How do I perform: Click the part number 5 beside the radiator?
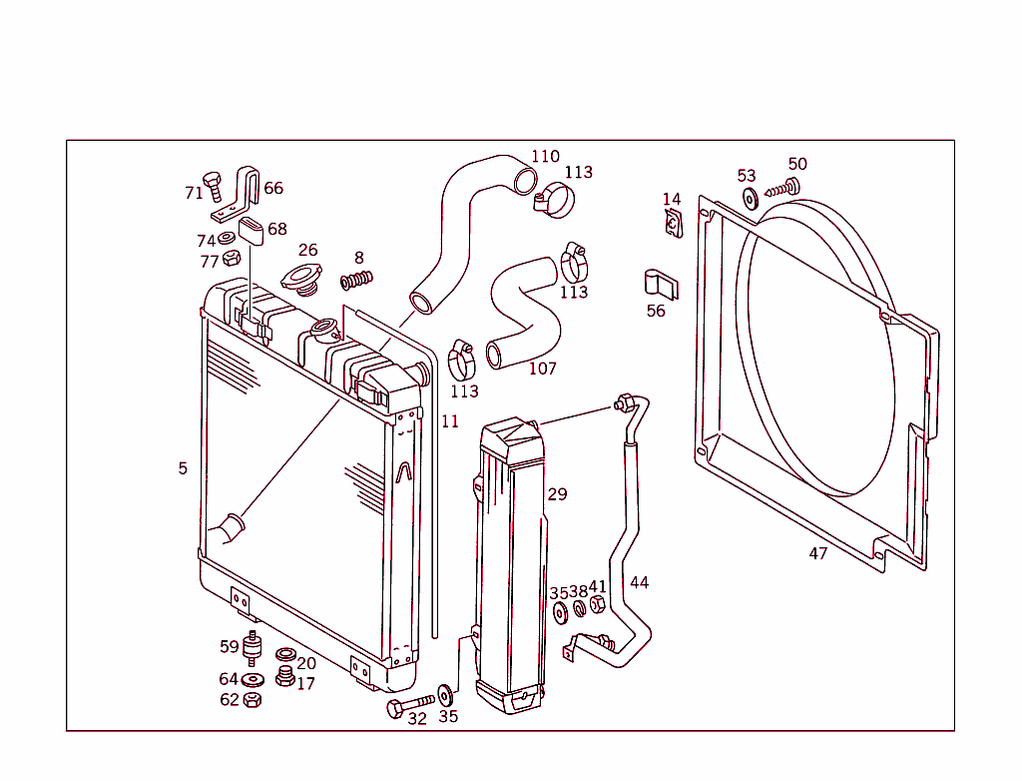click(183, 468)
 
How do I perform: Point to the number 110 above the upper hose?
click(545, 157)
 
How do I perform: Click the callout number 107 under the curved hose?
click(542, 369)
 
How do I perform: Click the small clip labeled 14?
click(673, 225)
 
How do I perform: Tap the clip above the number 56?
click(658, 283)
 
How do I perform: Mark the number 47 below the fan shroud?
click(818, 553)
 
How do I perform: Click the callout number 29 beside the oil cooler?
click(557, 494)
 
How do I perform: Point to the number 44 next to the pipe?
click(639, 582)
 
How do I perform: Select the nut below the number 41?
click(598, 606)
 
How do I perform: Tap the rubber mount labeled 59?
click(254, 649)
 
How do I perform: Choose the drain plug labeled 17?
click(284, 679)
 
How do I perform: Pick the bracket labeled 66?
click(244, 192)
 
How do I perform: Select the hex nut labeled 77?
click(231, 259)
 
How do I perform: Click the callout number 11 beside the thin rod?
click(450, 422)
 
